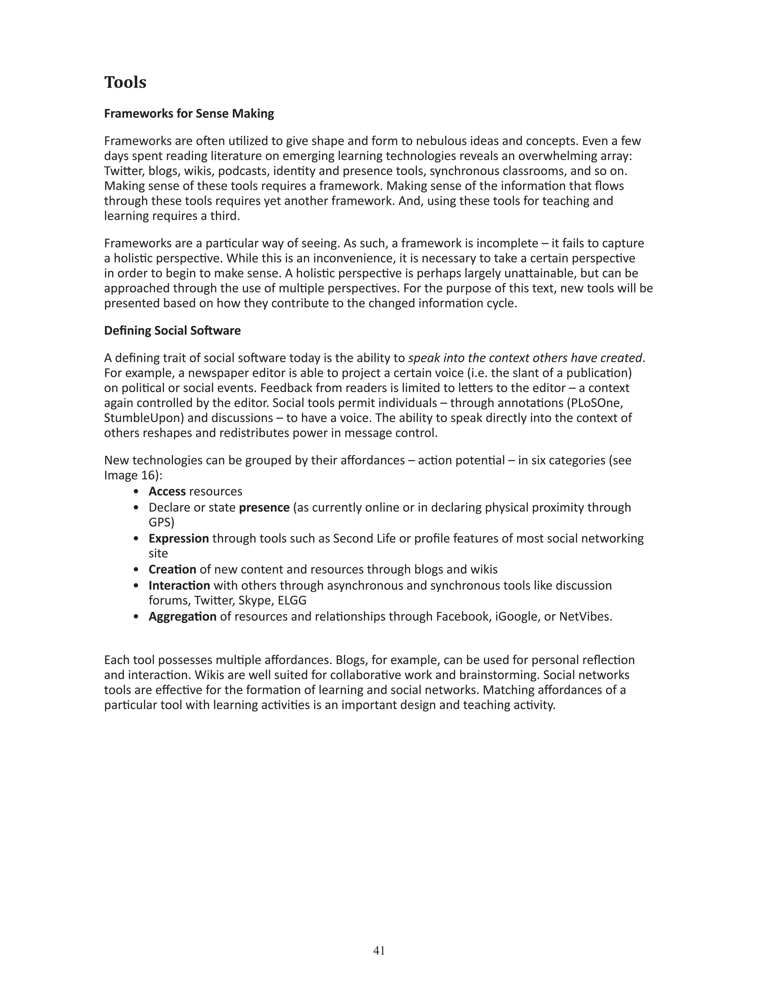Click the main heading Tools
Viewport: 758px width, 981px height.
click(x=125, y=83)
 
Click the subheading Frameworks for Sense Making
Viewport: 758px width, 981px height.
click(x=189, y=114)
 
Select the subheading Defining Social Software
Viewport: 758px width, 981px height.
click(x=172, y=331)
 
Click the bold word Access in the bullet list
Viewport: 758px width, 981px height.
click(x=167, y=491)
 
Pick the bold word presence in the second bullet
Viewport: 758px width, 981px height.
click(x=264, y=508)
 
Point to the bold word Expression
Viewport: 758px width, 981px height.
click(x=179, y=538)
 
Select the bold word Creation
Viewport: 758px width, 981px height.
click(x=172, y=570)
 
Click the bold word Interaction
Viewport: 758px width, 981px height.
click(x=179, y=586)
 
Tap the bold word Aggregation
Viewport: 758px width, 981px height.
click(x=182, y=616)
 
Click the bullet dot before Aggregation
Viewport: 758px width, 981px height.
click(x=136, y=617)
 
